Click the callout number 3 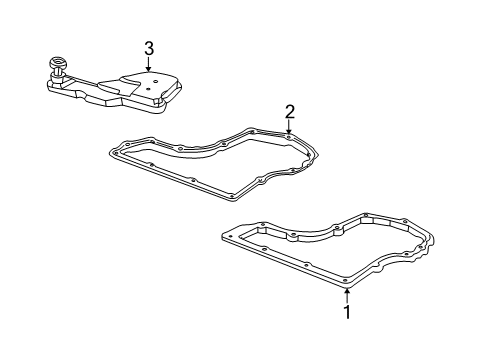pos(148,47)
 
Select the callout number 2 pos(288,110)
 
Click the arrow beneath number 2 pos(288,126)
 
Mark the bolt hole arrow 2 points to pos(288,134)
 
